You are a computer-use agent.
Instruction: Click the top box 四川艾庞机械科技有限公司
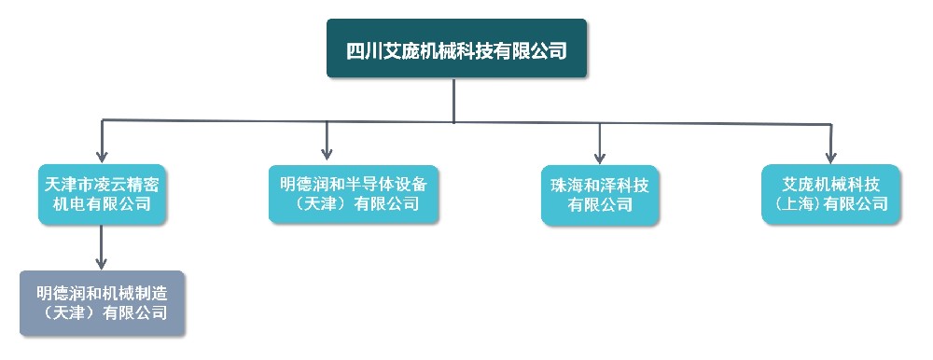[456, 48]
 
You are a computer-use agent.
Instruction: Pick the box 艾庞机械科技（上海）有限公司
[830, 194]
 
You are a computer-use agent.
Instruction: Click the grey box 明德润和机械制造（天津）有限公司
[103, 302]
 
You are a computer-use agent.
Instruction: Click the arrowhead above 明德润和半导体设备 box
[327, 153]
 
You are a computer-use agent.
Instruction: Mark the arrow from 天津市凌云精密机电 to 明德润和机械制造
[102, 247]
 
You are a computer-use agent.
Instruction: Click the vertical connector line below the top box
[454, 99]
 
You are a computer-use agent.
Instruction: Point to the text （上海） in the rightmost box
[794, 203]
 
